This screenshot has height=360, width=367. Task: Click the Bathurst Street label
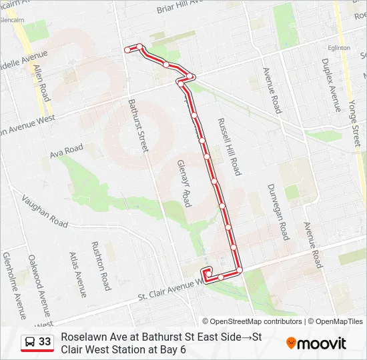(138, 126)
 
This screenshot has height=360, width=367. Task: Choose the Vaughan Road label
(44, 211)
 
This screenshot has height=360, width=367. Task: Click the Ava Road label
(67, 151)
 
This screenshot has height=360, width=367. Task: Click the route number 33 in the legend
(45, 342)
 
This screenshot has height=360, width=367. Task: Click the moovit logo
(316, 343)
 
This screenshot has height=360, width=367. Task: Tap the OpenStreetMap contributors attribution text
(252, 321)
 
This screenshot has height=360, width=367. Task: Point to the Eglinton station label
(339, 48)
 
